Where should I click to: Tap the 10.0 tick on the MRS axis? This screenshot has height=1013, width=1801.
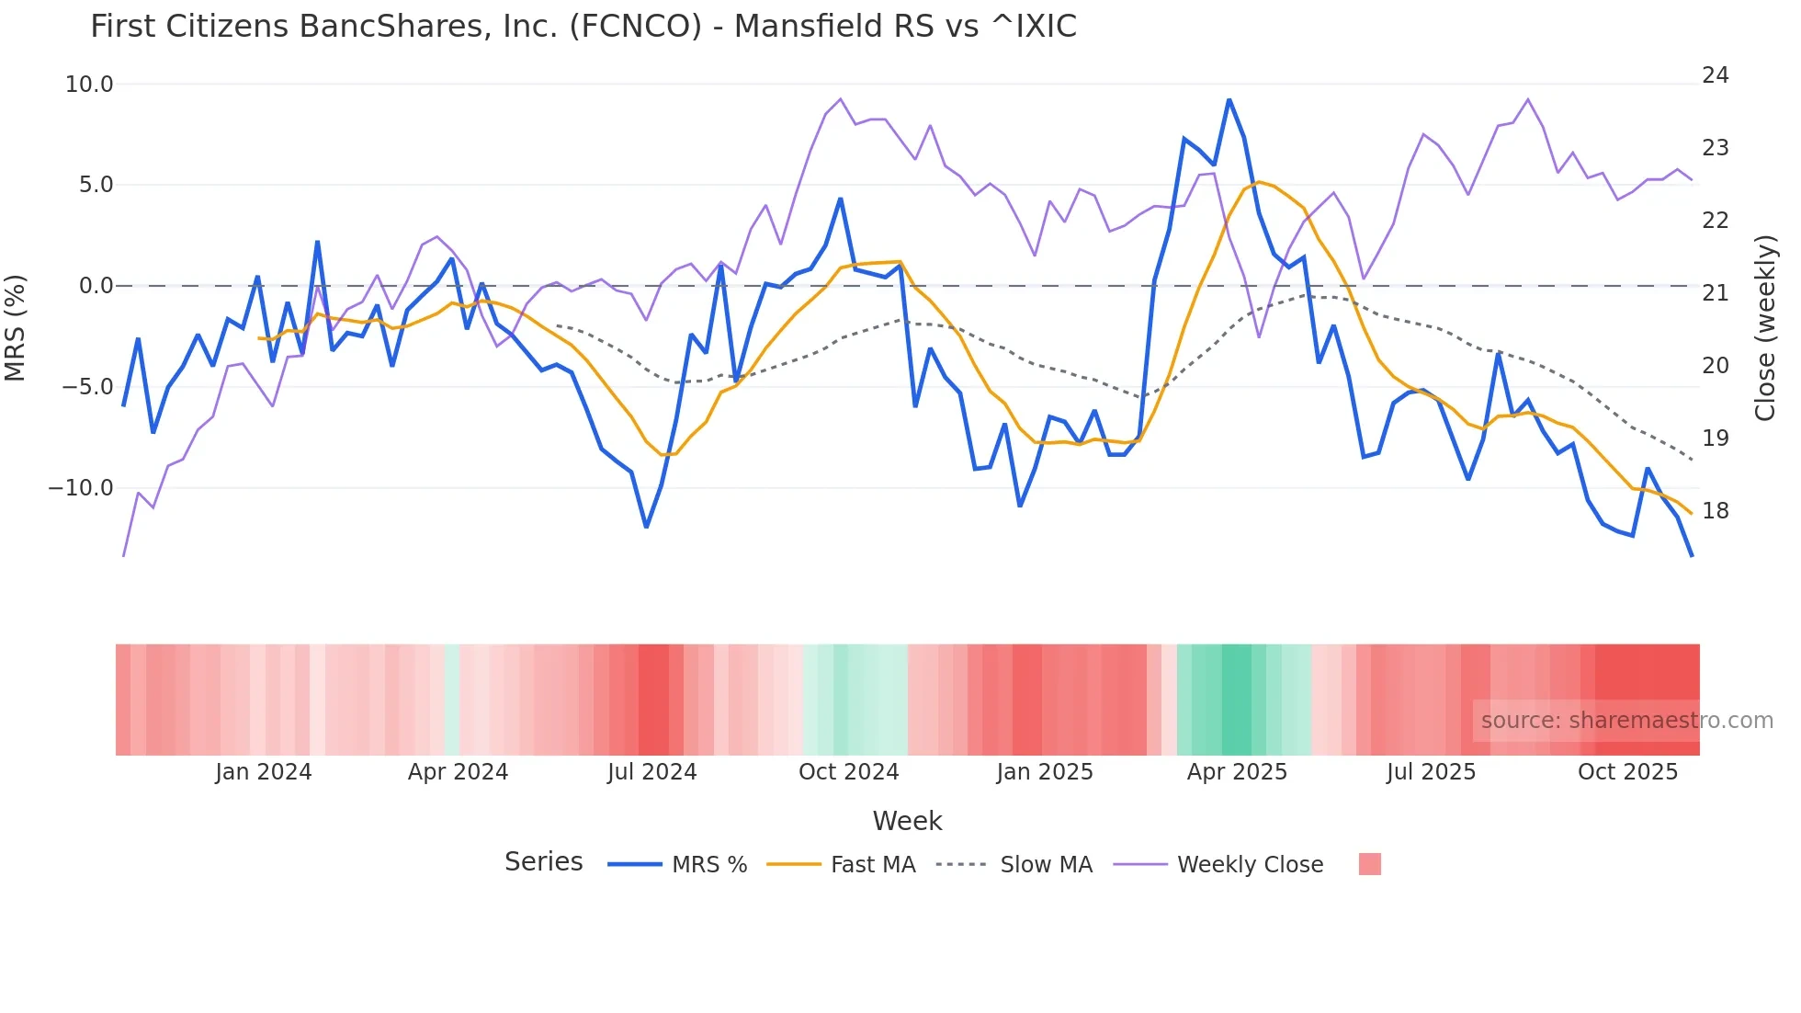point(89,85)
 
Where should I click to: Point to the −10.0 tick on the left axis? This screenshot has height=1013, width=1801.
point(81,488)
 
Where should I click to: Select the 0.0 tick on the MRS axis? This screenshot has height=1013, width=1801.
point(96,286)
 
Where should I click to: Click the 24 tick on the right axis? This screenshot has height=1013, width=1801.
point(1716,75)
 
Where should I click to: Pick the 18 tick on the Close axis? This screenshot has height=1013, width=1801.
point(1716,511)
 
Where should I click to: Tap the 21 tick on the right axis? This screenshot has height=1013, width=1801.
point(1716,293)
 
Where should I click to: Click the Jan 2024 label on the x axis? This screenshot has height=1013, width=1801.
point(264,772)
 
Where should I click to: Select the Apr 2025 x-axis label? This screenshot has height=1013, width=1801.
point(1237,772)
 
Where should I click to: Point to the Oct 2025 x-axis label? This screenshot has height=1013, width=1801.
point(1627,772)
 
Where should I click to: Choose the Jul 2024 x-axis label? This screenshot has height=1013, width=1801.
point(652,772)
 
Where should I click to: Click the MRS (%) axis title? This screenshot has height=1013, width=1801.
point(16,327)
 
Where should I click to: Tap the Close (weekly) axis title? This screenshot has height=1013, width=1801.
point(1765,328)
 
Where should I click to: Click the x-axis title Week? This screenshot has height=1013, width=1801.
point(907,821)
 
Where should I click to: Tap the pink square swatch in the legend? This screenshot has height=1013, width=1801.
point(1370,864)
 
